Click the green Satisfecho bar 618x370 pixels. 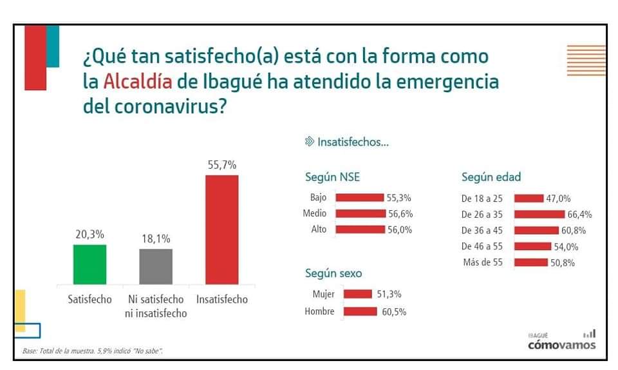point(89,264)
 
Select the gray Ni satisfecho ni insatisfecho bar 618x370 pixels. point(156,266)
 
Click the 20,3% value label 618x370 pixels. point(89,235)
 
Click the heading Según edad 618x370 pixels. point(491,177)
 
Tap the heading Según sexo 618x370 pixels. point(333,273)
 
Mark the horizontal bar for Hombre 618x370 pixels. point(360,312)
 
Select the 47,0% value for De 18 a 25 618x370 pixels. point(559,199)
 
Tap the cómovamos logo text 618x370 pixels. point(561,345)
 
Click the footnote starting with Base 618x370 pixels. point(92,351)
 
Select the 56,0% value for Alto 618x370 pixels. point(400,229)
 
